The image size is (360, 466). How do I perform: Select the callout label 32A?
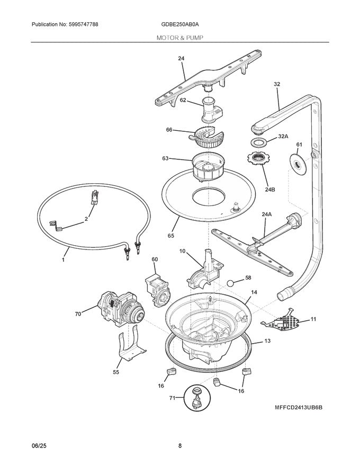coord(283,137)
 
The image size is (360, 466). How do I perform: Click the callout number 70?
coord(78,313)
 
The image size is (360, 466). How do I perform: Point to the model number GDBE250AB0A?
coord(180,25)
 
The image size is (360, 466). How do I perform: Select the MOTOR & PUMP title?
coord(180,38)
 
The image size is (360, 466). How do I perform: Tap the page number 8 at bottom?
coord(180,446)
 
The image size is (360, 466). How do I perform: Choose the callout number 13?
coord(267,342)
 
